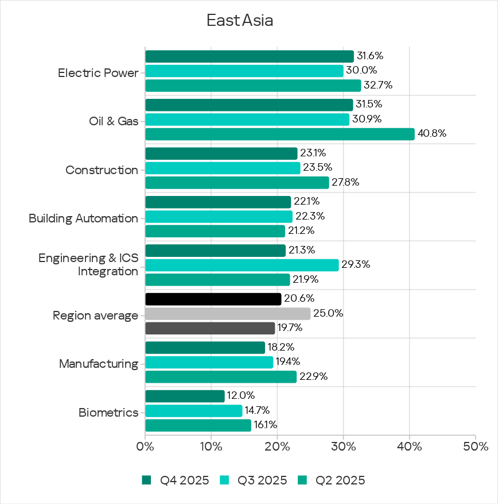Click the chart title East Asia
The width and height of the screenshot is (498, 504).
(x=240, y=21)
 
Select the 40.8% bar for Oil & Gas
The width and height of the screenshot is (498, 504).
(x=279, y=134)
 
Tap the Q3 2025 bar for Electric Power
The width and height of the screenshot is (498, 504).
(x=244, y=71)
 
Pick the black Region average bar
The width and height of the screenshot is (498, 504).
(x=213, y=299)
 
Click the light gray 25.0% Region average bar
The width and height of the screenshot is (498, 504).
(x=227, y=314)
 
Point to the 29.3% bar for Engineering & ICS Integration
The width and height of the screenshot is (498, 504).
(x=242, y=265)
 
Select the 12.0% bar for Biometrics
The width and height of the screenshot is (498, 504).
(x=185, y=397)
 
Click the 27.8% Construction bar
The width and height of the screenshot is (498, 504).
(x=237, y=183)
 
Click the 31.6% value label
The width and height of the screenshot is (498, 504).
(x=369, y=56)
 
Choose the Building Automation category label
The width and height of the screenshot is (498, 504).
(x=83, y=218)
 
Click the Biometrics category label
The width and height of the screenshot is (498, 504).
(x=108, y=413)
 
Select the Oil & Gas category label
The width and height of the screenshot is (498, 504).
(x=113, y=121)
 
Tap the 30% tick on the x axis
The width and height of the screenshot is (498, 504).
(x=343, y=447)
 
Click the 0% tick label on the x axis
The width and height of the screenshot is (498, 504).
(x=145, y=447)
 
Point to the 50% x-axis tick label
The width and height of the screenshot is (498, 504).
(x=476, y=447)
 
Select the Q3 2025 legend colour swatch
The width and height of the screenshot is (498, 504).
(x=224, y=480)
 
